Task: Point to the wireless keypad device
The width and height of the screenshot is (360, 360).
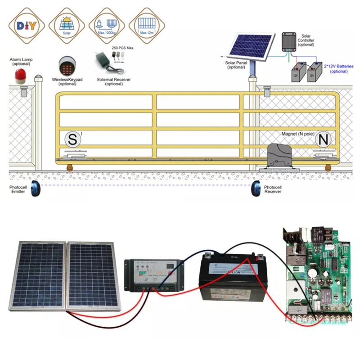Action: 67,66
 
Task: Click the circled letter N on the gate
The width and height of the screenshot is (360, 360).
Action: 323,139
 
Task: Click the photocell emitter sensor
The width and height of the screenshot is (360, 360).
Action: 36,189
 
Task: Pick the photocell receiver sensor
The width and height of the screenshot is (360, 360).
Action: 256,189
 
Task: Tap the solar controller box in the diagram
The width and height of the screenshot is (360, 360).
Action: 288,41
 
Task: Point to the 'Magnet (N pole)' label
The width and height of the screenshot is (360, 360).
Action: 297,134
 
